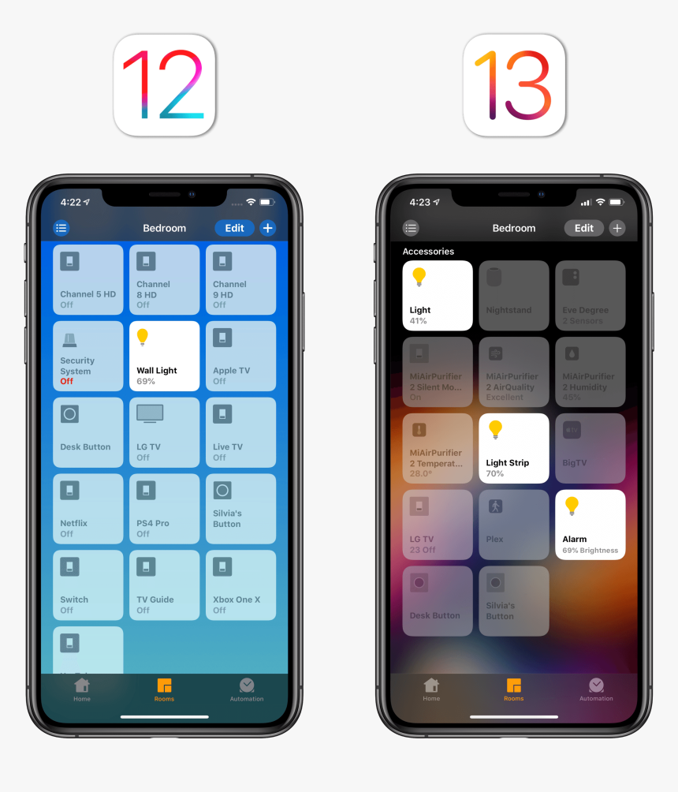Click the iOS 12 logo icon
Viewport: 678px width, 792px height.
[164, 85]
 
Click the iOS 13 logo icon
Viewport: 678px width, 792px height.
[513, 85]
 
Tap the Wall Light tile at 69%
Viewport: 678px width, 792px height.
[164, 356]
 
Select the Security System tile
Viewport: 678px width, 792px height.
[88, 356]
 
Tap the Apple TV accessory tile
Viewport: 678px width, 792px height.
[240, 356]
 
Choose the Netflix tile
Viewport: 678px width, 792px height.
[88, 509]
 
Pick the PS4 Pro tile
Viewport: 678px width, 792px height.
[164, 509]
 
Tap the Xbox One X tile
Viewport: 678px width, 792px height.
[240, 585]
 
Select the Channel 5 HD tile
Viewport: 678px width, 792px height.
[88, 279]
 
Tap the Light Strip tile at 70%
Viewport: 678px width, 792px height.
[513, 448]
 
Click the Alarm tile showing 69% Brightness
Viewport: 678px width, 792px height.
[590, 525]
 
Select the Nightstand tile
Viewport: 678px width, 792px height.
[513, 295]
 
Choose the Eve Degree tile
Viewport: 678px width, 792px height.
[590, 295]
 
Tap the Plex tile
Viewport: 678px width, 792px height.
[513, 525]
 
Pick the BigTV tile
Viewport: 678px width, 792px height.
[590, 448]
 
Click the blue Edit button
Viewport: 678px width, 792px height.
[234, 228]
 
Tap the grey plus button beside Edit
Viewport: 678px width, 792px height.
[617, 228]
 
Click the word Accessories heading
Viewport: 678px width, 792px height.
[428, 252]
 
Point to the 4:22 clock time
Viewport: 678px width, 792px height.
[70, 202]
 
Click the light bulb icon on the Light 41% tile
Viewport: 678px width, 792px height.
[419, 277]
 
